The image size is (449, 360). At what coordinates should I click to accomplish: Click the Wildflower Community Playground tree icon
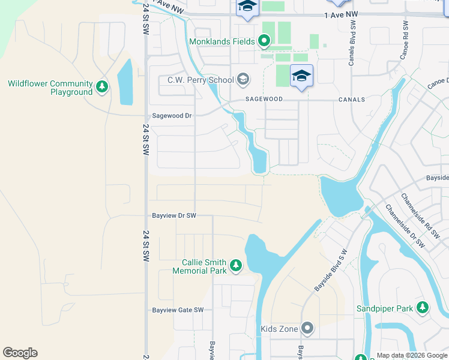(102, 88)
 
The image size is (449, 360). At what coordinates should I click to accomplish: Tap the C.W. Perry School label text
(200, 79)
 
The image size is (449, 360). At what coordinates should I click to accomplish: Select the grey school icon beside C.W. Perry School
(243, 79)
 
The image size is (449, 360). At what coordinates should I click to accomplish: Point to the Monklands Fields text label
(221, 42)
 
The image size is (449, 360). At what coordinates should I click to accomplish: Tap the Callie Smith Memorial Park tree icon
(236, 265)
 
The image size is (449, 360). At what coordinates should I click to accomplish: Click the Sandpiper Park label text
(384, 308)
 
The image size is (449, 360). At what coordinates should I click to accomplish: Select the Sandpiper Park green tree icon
(423, 308)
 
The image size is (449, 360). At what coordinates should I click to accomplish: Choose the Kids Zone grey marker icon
(307, 328)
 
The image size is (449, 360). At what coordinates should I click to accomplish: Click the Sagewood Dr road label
(172, 116)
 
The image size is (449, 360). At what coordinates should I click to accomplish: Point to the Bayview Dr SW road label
(174, 215)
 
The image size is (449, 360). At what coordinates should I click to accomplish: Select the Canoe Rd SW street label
(405, 41)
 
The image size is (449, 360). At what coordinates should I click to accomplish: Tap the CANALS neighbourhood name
(352, 100)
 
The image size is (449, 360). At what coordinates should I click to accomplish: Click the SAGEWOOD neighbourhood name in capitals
(262, 100)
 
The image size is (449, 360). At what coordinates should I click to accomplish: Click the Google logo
(20, 353)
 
